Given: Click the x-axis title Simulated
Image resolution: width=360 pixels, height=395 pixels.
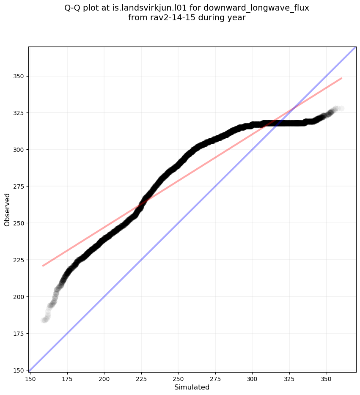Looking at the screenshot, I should (x=192, y=387).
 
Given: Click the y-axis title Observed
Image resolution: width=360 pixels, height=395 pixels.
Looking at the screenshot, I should (x=7, y=209).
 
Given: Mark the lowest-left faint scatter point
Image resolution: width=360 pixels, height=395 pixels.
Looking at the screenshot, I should (x=44, y=320).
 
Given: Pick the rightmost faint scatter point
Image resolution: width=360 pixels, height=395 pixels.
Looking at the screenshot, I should (x=341, y=109).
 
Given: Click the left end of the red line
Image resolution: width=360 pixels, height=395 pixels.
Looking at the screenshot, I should (x=43, y=266).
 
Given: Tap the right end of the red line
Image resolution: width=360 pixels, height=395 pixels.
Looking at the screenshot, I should (x=341, y=78).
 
